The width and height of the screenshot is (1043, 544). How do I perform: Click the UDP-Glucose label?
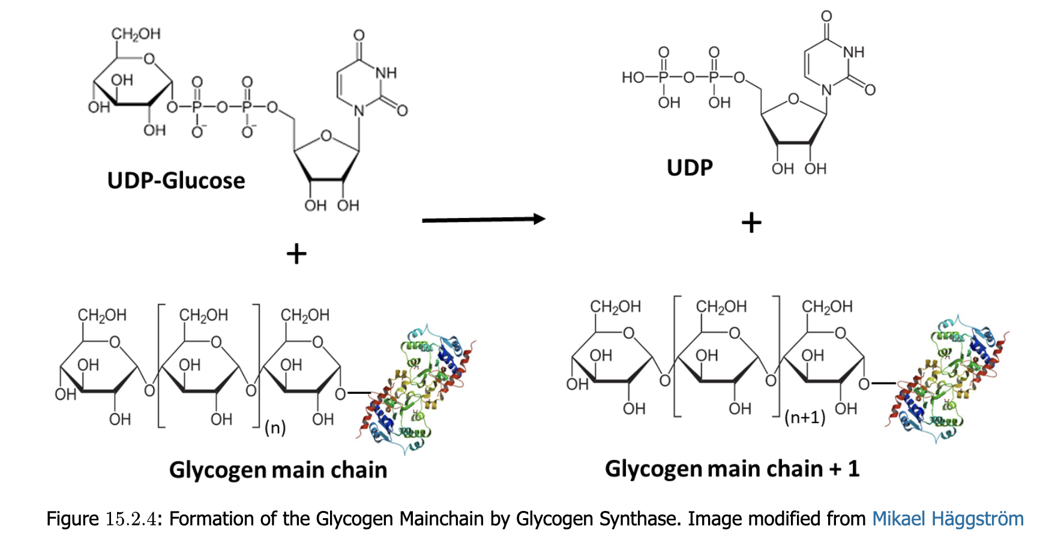click(176, 181)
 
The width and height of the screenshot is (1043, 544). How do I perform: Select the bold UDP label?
click(690, 168)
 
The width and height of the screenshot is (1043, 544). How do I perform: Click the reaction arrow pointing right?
click(483, 220)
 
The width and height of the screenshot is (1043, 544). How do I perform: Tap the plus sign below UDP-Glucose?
click(296, 254)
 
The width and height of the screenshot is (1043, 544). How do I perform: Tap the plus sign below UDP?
click(751, 223)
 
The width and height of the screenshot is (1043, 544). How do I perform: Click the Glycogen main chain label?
click(278, 470)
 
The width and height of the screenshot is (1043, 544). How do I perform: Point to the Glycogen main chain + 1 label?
click(732, 468)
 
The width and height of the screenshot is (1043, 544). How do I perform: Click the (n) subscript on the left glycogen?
click(275, 428)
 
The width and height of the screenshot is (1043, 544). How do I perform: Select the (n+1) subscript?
click(805, 417)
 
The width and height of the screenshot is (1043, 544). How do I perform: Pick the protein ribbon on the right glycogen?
click(947, 379)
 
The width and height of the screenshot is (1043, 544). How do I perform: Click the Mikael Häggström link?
click(948, 519)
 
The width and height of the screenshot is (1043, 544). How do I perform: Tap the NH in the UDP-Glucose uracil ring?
click(386, 73)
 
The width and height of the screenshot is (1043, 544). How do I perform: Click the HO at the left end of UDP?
click(633, 77)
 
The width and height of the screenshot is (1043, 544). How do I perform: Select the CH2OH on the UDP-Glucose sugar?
click(136, 34)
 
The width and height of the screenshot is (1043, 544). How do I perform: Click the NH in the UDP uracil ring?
click(853, 52)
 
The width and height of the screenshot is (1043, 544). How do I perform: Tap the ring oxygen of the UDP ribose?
click(793, 99)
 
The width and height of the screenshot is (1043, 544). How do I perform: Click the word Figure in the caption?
click(72, 519)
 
